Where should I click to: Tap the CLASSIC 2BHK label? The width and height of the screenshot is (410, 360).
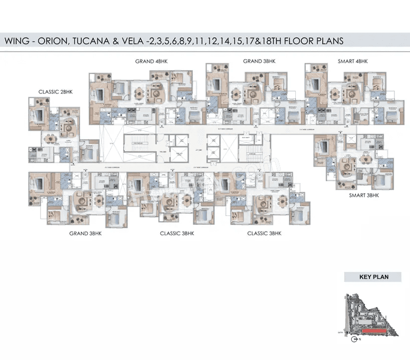tap(56, 92)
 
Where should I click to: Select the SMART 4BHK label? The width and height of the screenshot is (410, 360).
tap(353, 61)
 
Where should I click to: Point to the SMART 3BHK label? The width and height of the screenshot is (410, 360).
tap(364, 195)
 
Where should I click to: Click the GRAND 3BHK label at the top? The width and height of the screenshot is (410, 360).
tap(259, 61)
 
